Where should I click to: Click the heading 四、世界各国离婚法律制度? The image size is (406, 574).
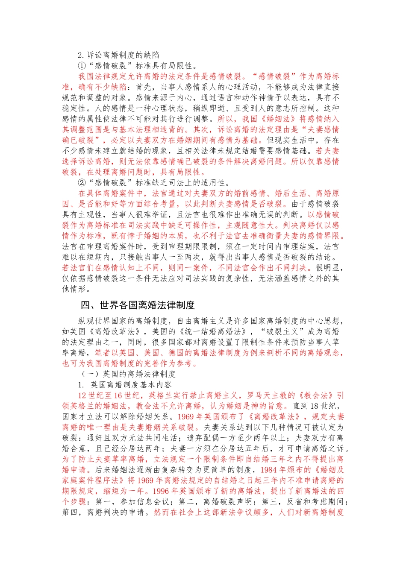(138, 305)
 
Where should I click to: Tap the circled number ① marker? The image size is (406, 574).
(82, 66)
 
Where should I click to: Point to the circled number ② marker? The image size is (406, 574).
(82, 183)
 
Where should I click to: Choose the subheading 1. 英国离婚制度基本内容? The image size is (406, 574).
(125, 385)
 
